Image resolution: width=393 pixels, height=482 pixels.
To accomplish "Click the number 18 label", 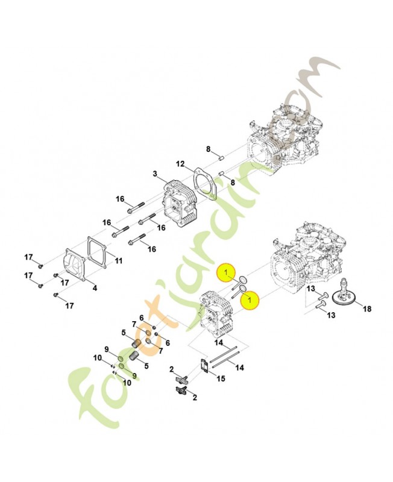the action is point(367,308).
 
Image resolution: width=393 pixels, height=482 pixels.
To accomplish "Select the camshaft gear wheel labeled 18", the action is point(346,293).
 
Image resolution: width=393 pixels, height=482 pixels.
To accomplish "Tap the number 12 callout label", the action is point(180,164).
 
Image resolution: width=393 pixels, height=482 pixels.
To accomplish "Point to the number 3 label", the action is point(155,174).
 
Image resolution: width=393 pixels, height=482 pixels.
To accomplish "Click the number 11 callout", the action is point(118,261).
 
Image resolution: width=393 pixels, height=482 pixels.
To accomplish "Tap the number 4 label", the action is point(95,288).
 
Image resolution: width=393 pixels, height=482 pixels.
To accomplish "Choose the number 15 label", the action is point(221,378).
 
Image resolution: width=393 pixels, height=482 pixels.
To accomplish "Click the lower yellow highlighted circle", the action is point(250,299).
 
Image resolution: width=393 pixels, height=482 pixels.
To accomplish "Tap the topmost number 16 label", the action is point(120,199).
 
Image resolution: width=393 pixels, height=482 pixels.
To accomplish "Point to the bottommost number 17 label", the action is point(70,306).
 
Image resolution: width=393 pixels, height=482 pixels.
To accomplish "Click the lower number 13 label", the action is point(331,315).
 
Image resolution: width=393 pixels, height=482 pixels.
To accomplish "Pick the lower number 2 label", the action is point(194,398).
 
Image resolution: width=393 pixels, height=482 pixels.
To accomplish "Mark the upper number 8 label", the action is point(208,149).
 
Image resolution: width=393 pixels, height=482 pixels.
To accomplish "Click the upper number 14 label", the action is point(219,342).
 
